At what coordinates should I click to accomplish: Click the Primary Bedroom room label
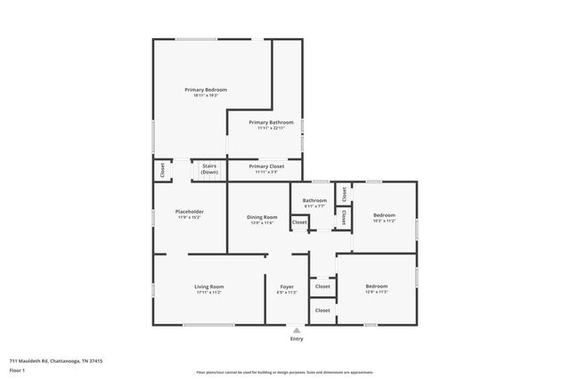tap(206, 90)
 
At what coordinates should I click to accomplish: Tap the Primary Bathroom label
tap(271, 122)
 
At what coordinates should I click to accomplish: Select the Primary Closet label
tap(266, 166)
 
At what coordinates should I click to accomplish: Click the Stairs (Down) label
tap(209, 168)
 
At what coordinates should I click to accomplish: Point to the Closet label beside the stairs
tap(162, 169)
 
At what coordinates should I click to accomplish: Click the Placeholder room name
tap(190, 211)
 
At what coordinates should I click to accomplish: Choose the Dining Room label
tap(262, 217)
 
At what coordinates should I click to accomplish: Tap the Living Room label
tap(208, 287)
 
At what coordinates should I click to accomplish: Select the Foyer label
tap(286, 287)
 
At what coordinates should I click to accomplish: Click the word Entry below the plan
tap(296, 339)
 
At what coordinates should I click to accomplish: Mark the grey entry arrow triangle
tap(296, 330)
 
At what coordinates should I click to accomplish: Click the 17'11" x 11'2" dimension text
tap(208, 293)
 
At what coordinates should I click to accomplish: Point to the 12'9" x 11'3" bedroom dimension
tap(377, 293)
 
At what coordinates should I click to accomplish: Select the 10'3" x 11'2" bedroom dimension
tap(384, 221)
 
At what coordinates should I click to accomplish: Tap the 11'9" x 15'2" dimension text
tap(190, 217)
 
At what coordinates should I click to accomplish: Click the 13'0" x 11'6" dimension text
tap(262, 223)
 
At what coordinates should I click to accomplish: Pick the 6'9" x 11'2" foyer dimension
tap(286, 293)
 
